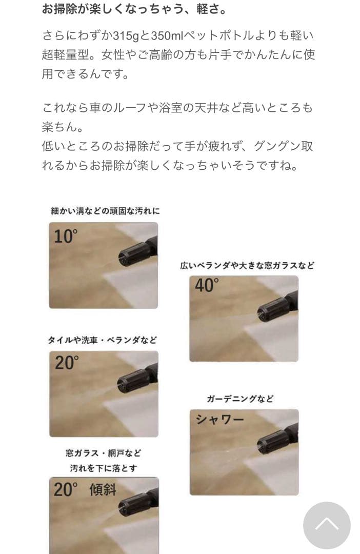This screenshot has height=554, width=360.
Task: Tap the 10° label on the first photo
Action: (x=66, y=236)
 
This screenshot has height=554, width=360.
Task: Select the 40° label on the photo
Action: (x=207, y=286)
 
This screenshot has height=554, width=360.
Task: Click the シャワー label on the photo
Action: (x=219, y=419)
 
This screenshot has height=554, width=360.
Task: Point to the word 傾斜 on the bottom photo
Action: (x=103, y=489)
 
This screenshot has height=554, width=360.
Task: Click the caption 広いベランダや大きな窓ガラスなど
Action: (x=247, y=266)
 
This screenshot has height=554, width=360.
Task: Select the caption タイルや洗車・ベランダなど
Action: (x=103, y=340)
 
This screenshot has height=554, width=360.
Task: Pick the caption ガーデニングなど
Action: (x=240, y=399)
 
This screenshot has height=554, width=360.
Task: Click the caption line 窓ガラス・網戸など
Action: (x=103, y=453)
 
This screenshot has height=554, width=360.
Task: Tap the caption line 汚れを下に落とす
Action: (x=103, y=468)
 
